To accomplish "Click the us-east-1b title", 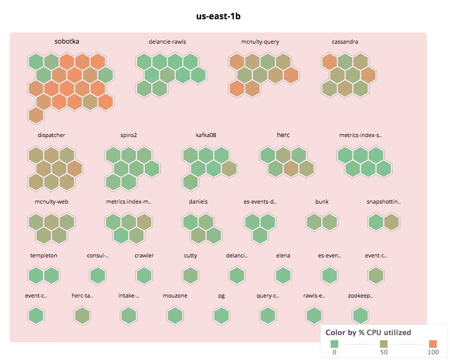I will pos(218,16).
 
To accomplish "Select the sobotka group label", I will pos(67,42).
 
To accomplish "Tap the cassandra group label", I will pos(345,42).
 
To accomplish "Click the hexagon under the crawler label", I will pos(144,276).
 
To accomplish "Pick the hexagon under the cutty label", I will pos(190,276).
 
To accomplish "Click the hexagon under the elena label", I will pos(283,276).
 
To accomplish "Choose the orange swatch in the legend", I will pos(433,344).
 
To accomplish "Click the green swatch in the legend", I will pos(334,344).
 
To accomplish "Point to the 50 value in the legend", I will pos(383,352).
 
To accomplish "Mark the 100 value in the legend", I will pos(433,352).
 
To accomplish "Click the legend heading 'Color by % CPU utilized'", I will pos(368,333).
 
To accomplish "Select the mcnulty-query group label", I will pos(260,42).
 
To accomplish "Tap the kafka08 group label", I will pos(206,135).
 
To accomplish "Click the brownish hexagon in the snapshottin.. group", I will pos(391,222).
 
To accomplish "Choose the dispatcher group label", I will pos(51,135).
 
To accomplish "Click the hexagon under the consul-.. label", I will pos(98,276).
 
